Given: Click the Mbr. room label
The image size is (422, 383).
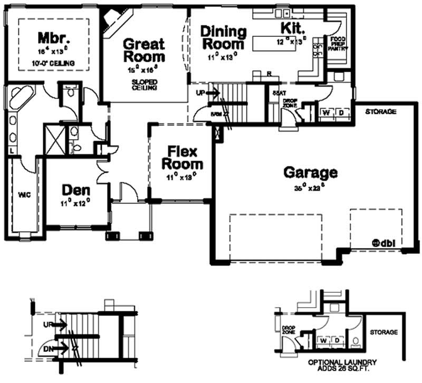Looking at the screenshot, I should tap(51, 38).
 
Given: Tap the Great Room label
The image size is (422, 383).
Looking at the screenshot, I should tap(143, 50).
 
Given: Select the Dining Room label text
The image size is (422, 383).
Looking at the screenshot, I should tap(223, 37).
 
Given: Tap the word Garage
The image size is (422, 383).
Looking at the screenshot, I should tap(310, 172).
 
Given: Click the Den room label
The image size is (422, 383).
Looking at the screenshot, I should tap(74, 190).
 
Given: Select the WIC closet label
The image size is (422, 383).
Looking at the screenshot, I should tap(24, 195).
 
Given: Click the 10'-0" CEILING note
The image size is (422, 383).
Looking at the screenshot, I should tap(52, 63).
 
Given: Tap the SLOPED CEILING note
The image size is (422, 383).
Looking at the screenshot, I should tap(143, 85).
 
